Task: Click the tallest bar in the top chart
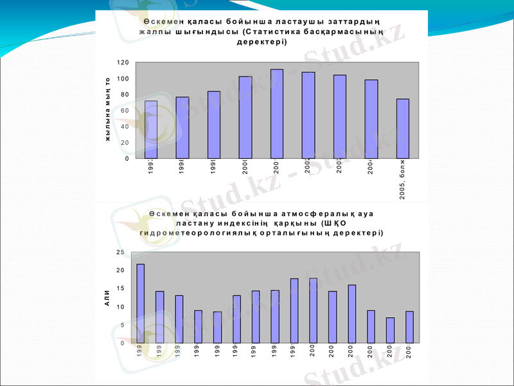tap(277, 113)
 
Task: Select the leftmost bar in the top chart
tap(151, 129)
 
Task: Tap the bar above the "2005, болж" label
tap(403, 128)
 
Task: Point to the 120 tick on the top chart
tap(123, 62)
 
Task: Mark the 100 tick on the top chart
tap(123, 78)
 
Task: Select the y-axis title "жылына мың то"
tap(108, 109)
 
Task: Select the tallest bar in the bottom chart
tap(140, 303)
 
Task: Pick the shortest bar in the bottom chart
tap(390, 330)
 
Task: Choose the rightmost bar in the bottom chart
tap(409, 327)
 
